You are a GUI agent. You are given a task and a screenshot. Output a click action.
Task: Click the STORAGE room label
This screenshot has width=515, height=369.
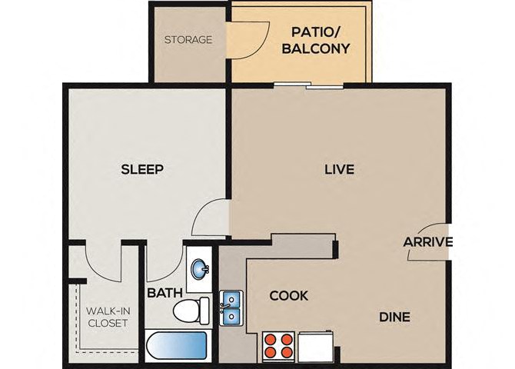point(188,40)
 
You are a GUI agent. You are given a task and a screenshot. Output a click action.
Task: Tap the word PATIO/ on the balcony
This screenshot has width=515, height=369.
point(316,32)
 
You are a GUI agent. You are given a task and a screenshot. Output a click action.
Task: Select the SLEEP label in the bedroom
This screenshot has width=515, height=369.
point(142,169)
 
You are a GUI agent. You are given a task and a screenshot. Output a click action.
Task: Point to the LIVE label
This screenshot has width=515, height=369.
point(339,169)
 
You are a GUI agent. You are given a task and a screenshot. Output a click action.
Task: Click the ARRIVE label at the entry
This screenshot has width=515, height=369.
point(427,242)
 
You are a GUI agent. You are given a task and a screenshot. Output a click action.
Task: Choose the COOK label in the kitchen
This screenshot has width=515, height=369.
point(289,296)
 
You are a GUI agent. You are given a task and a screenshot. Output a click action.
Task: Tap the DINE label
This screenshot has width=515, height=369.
point(394,317)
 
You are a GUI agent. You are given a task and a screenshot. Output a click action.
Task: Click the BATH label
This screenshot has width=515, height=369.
point(164,292)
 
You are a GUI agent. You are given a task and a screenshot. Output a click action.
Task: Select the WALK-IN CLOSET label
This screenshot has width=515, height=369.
point(108,317)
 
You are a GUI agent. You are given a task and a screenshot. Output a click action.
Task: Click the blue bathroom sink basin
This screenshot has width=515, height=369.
point(199,269)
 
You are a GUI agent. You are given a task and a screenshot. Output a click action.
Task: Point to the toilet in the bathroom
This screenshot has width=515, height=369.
point(191,311)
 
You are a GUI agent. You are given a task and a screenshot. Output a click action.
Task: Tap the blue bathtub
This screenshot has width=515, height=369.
point(176,345)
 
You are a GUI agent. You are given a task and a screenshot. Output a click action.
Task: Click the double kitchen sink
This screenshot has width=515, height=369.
point(231,307)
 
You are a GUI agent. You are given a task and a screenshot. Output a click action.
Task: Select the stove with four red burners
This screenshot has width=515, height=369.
point(277,347)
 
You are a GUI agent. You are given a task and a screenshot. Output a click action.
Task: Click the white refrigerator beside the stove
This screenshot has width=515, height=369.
point(316,346)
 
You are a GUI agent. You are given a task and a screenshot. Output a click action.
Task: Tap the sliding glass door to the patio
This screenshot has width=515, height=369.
point(308,85)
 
